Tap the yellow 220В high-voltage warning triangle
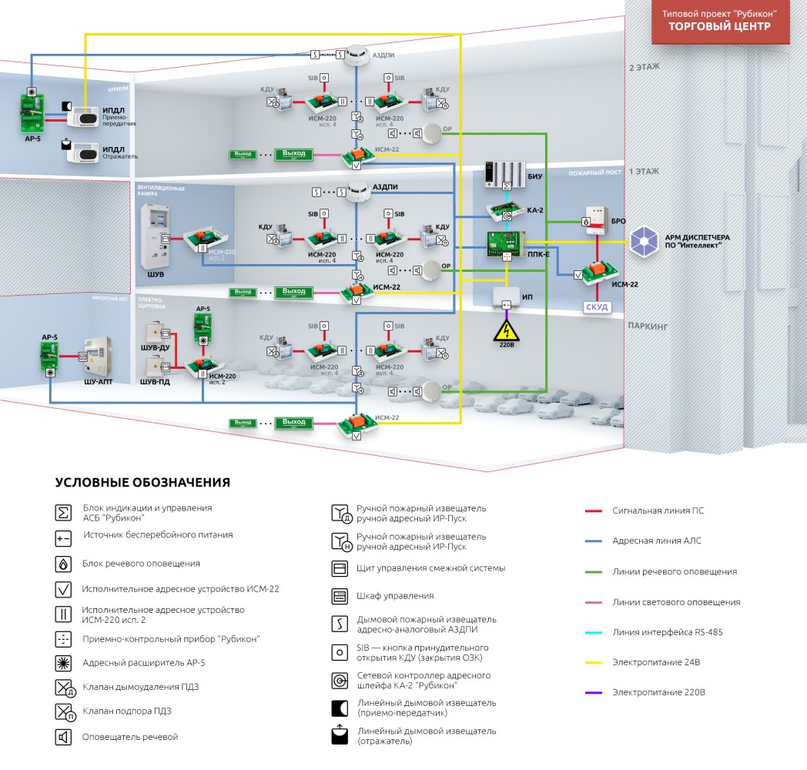click(x=506, y=333)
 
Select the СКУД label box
click(x=597, y=307)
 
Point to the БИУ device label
click(x=535, y=176)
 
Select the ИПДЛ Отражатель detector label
click(x=120, y=152)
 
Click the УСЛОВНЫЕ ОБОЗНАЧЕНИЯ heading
click(x=142, y=483)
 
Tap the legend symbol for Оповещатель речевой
click(x=63, y=737)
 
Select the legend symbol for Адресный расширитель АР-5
click(x=63, y=662)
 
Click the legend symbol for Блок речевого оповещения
click(x=63, y=564)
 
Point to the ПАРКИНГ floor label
click(x=648, y=326)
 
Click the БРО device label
click(x=618, y=221)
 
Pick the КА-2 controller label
click(x=536, y=209)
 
